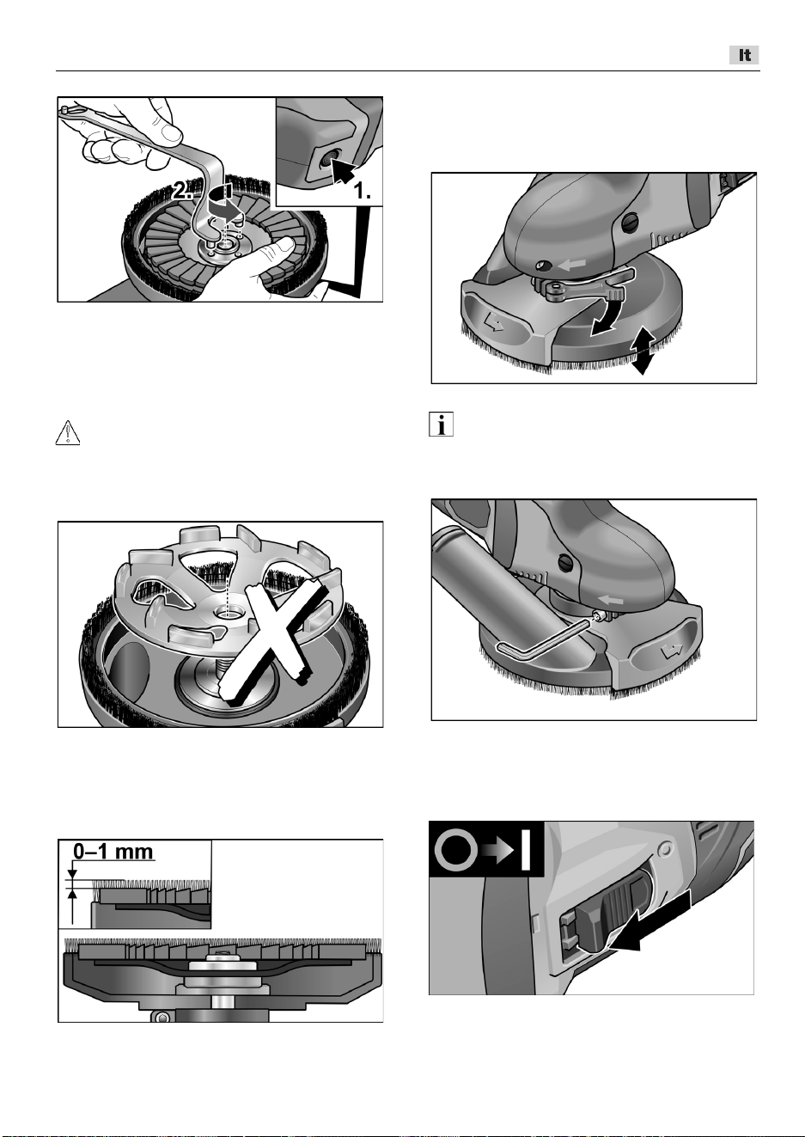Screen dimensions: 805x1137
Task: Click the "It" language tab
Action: [x=744, y=55]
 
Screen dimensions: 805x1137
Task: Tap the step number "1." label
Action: [x=362, y=192]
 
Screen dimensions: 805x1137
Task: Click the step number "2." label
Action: [x=182, y=191]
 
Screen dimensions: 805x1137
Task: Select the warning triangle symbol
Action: [x=68, y=433]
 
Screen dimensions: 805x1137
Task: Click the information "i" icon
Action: [x=441, y=425]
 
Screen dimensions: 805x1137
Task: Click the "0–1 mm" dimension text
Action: [x=113, y=851]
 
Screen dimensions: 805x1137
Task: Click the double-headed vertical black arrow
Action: [x=642, y=351]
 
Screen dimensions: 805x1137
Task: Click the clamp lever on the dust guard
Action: [x=583, y=285]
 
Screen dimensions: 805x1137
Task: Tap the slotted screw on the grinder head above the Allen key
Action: [x=566, y=562]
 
